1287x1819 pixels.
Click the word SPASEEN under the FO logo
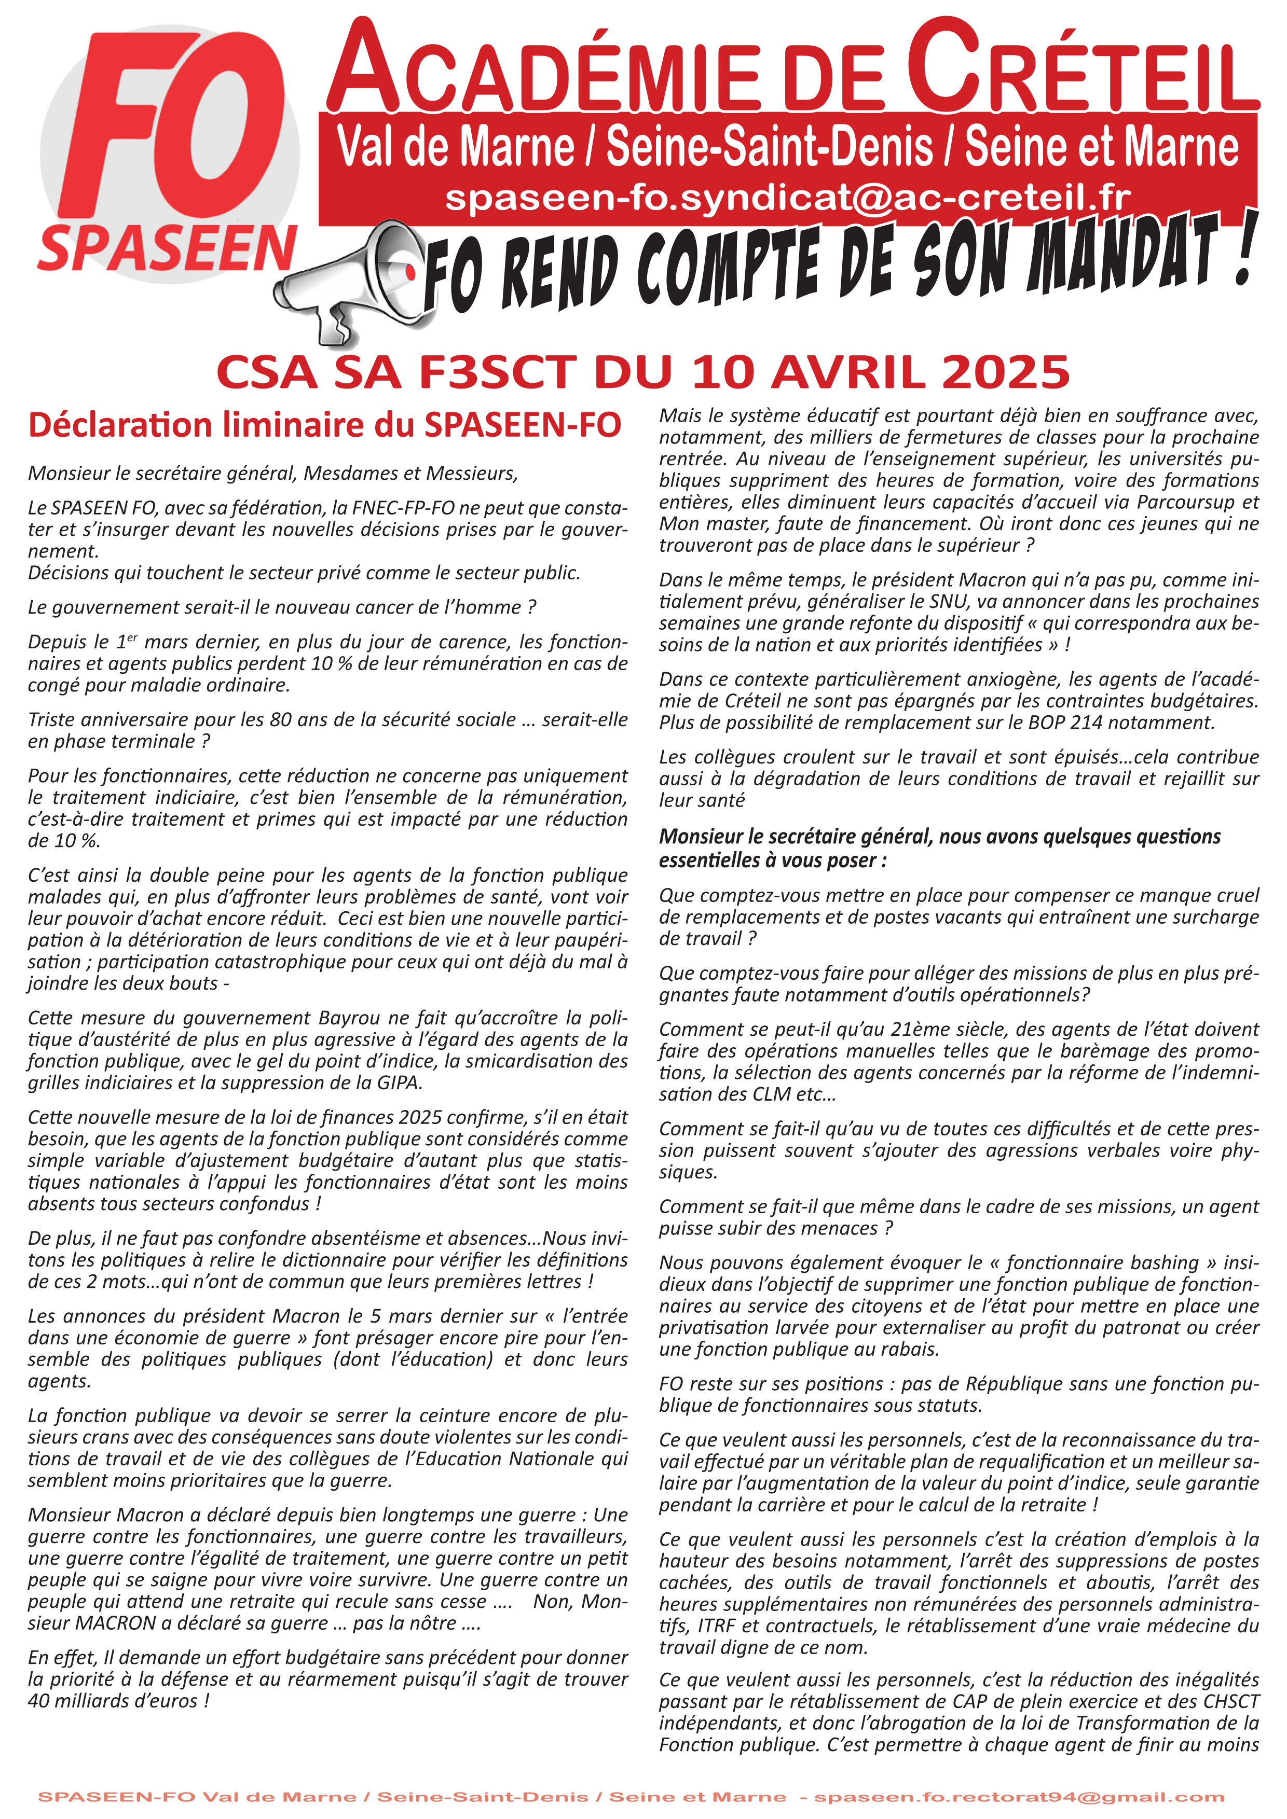click(x=167, y=248)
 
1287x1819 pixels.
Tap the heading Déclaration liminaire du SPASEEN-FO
click(x=324, y=425)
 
